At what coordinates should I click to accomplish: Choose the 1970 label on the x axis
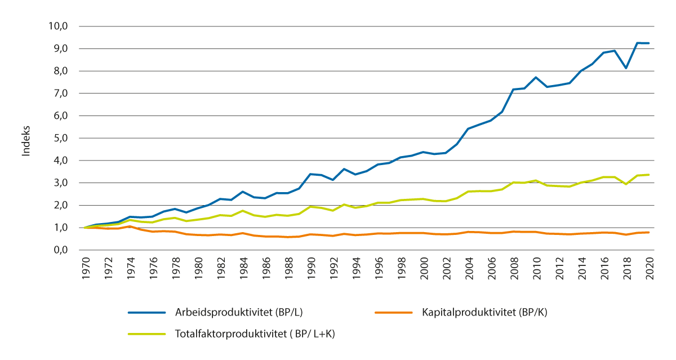click(x=84, y=268)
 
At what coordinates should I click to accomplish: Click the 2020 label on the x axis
click(x=649, y=268)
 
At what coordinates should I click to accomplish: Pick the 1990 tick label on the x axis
click(x=310, y=268)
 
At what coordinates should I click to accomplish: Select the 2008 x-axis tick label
click(x=514, y=268)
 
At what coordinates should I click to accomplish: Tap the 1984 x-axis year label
click(x=243, y=268)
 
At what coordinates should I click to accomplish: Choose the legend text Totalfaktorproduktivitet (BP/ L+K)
click(x=255, y=334)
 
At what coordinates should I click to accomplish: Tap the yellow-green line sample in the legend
click(x=146, y=334)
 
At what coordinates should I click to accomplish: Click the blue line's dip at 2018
click(x=626, y=68)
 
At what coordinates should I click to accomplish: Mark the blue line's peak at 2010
click(x=536, y=77)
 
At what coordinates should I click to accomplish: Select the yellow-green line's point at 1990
click(x=310, y=207)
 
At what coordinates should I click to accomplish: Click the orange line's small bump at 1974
click(x=130, y=226)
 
